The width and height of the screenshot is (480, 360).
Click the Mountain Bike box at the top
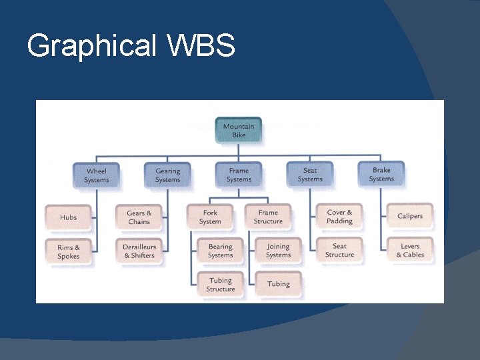click(x=239, y=131)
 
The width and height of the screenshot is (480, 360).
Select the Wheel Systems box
click(x=97, y=175)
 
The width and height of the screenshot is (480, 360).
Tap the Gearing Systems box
click(x=167, y=175)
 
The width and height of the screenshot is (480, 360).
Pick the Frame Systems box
click(x=239, y=175)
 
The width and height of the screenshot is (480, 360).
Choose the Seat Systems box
click(x=310, y=175)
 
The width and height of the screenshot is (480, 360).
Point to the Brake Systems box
click(x=381, y=175)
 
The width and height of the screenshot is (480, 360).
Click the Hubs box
click(x=68, y=217)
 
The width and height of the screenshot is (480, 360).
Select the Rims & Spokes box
click(x=68, y=251)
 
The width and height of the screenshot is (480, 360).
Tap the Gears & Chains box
click(x=139, y=217)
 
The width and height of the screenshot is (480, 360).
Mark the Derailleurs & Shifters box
click(x=139, y=251)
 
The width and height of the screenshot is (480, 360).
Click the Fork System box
click(x=210, y=217)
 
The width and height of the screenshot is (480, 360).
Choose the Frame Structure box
click(x=268, y=217)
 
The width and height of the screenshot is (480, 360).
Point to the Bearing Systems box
click(x=220, y=251)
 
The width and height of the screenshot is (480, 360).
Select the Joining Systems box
click(x=278, y=251)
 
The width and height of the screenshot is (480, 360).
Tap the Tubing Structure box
click(x=220, y=285)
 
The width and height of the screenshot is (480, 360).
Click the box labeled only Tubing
click(x=278, y=284)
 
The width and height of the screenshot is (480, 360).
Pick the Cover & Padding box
click(x=339, y=217)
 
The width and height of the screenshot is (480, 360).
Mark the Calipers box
click(x=410, y=216)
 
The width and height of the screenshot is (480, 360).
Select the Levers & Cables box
click(x=410, y=251)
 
